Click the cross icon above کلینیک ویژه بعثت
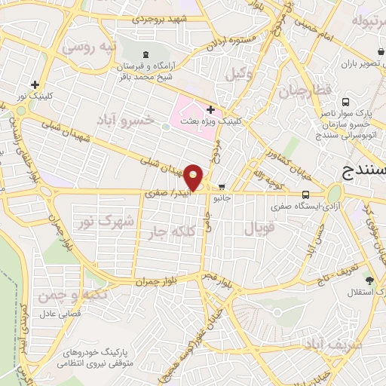pos(210,109)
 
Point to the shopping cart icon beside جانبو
pos(222,186)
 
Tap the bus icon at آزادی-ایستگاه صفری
pos(305,194)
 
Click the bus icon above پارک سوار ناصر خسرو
pos(344,102)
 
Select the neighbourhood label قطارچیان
pos(300,93)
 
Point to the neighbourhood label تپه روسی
pos(90,47)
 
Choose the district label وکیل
pos(237,74)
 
